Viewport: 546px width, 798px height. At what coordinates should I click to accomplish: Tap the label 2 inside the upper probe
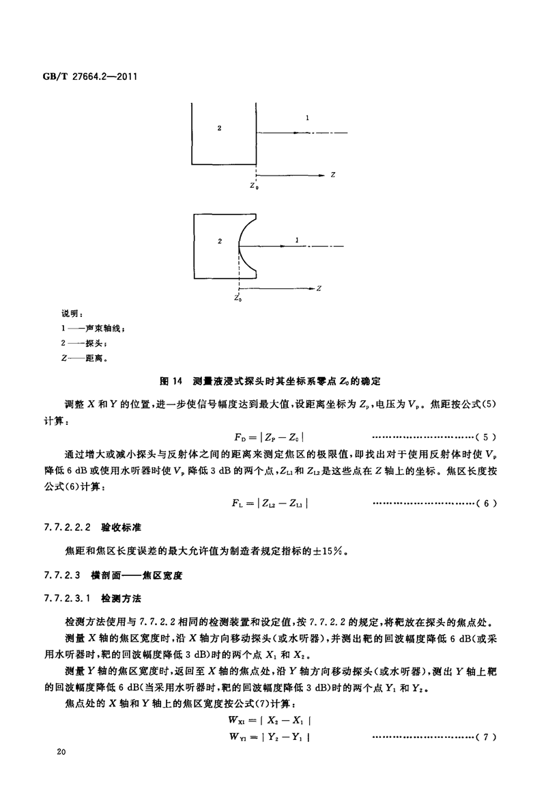219,128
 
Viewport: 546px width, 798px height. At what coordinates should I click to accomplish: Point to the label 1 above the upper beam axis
308,119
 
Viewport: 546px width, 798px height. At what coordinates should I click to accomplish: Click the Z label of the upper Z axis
332,176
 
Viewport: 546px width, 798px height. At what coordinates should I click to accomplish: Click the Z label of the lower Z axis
319,288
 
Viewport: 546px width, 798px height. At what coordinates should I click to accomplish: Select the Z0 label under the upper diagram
254,184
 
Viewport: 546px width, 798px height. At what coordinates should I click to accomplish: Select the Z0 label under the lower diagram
238,298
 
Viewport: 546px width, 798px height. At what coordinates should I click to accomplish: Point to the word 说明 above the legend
71,313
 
